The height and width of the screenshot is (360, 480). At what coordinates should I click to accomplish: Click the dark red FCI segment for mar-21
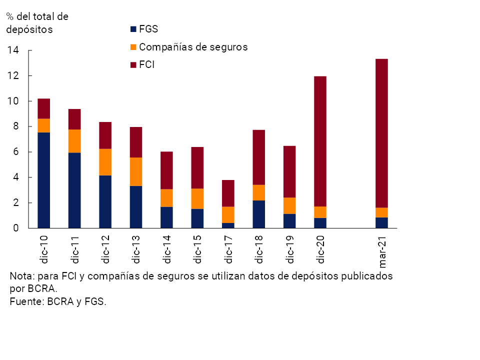381,133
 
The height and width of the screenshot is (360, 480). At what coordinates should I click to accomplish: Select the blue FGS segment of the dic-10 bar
43,180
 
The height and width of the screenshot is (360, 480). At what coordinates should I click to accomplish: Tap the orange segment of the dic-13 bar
135,171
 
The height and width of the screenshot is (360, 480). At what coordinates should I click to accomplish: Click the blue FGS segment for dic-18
258,214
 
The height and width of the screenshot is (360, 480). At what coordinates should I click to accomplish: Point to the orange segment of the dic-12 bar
105,162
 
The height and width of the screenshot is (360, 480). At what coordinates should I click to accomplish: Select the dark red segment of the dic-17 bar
228,193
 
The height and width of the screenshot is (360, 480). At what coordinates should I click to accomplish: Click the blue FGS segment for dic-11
74,190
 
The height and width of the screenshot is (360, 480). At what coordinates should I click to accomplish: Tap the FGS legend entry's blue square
133,29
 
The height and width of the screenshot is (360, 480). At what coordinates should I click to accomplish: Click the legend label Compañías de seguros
193,47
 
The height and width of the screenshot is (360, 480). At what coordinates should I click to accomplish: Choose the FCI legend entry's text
146,65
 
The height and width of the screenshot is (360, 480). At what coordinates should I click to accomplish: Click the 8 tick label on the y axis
15,126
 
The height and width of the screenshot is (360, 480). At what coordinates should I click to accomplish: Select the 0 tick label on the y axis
15,228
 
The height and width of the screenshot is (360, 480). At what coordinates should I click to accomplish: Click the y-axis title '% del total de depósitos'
37,23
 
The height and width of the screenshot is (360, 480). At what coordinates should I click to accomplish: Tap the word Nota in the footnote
20,276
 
